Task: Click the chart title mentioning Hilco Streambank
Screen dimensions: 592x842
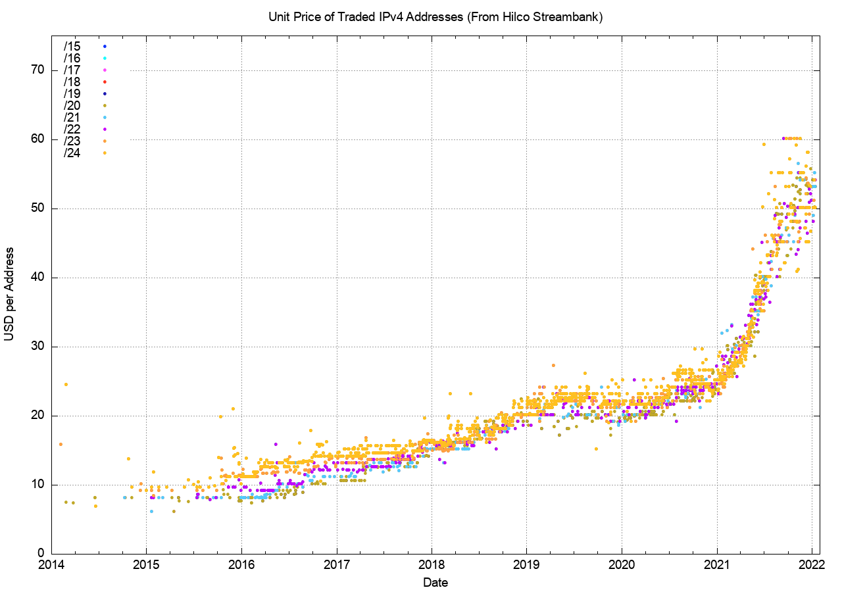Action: [435, 17]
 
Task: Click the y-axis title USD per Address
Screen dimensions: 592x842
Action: [9, 294]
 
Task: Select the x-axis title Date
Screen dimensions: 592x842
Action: [435, 582]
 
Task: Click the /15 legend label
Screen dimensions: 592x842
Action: [72, 46]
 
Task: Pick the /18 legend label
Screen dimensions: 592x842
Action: [72, 82]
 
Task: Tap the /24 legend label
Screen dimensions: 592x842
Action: [72, 153]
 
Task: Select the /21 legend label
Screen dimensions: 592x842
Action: [72, 117]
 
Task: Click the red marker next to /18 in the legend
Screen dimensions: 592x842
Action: [105, 82]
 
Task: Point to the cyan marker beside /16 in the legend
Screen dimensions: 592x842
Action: [105, 58]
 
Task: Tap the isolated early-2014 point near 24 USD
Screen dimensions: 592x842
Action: [66, 384]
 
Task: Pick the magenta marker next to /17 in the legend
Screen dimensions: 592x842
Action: [105, 70]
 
